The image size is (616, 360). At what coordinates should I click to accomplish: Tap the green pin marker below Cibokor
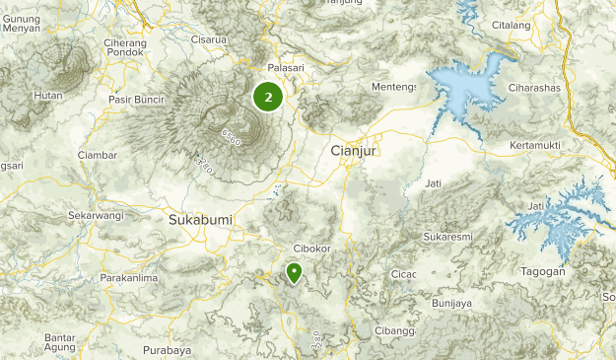pyautogui.click(x=294, y=272)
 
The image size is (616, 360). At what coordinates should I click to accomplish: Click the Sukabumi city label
pyautogui.click(x=197, y=219)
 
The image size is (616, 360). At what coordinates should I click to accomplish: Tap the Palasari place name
pyautogui.click(x=286, y=67)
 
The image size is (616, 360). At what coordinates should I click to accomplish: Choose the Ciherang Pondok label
pyautogui.click(x=125, y=49)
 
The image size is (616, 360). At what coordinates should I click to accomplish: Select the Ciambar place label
pyautogui.click(x=98, y=155)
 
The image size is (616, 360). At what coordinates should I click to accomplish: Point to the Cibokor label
pyautogui.click(x=312, y=249)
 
